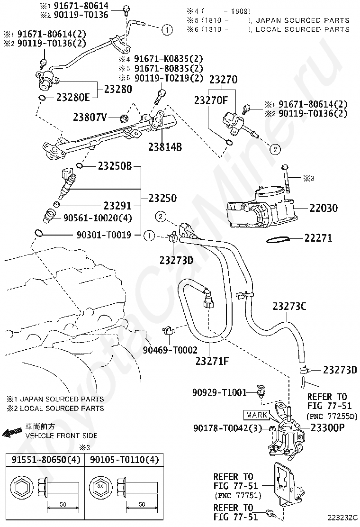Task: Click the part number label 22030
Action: [x=324, y=208]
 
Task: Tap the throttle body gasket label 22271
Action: [x=318, y=238]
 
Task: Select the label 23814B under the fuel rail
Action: [x=165, y=146]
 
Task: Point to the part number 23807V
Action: [x=90, y=117]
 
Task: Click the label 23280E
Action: [x=73, y=98]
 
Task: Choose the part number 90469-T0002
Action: [x=170, y=350]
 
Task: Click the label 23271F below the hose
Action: [x=212, y=361]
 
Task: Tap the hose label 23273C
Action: [x=289, y=306]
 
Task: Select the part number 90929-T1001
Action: [x=220, y=392]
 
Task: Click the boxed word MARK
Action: [x=257, y=415]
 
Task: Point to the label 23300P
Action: [x=328, y=428]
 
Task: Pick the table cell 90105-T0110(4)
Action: [x=124, y=460]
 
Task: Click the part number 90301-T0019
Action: [x=104, y=235]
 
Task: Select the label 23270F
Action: [x=211, y=100]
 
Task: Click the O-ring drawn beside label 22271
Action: [x=278, y=240]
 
